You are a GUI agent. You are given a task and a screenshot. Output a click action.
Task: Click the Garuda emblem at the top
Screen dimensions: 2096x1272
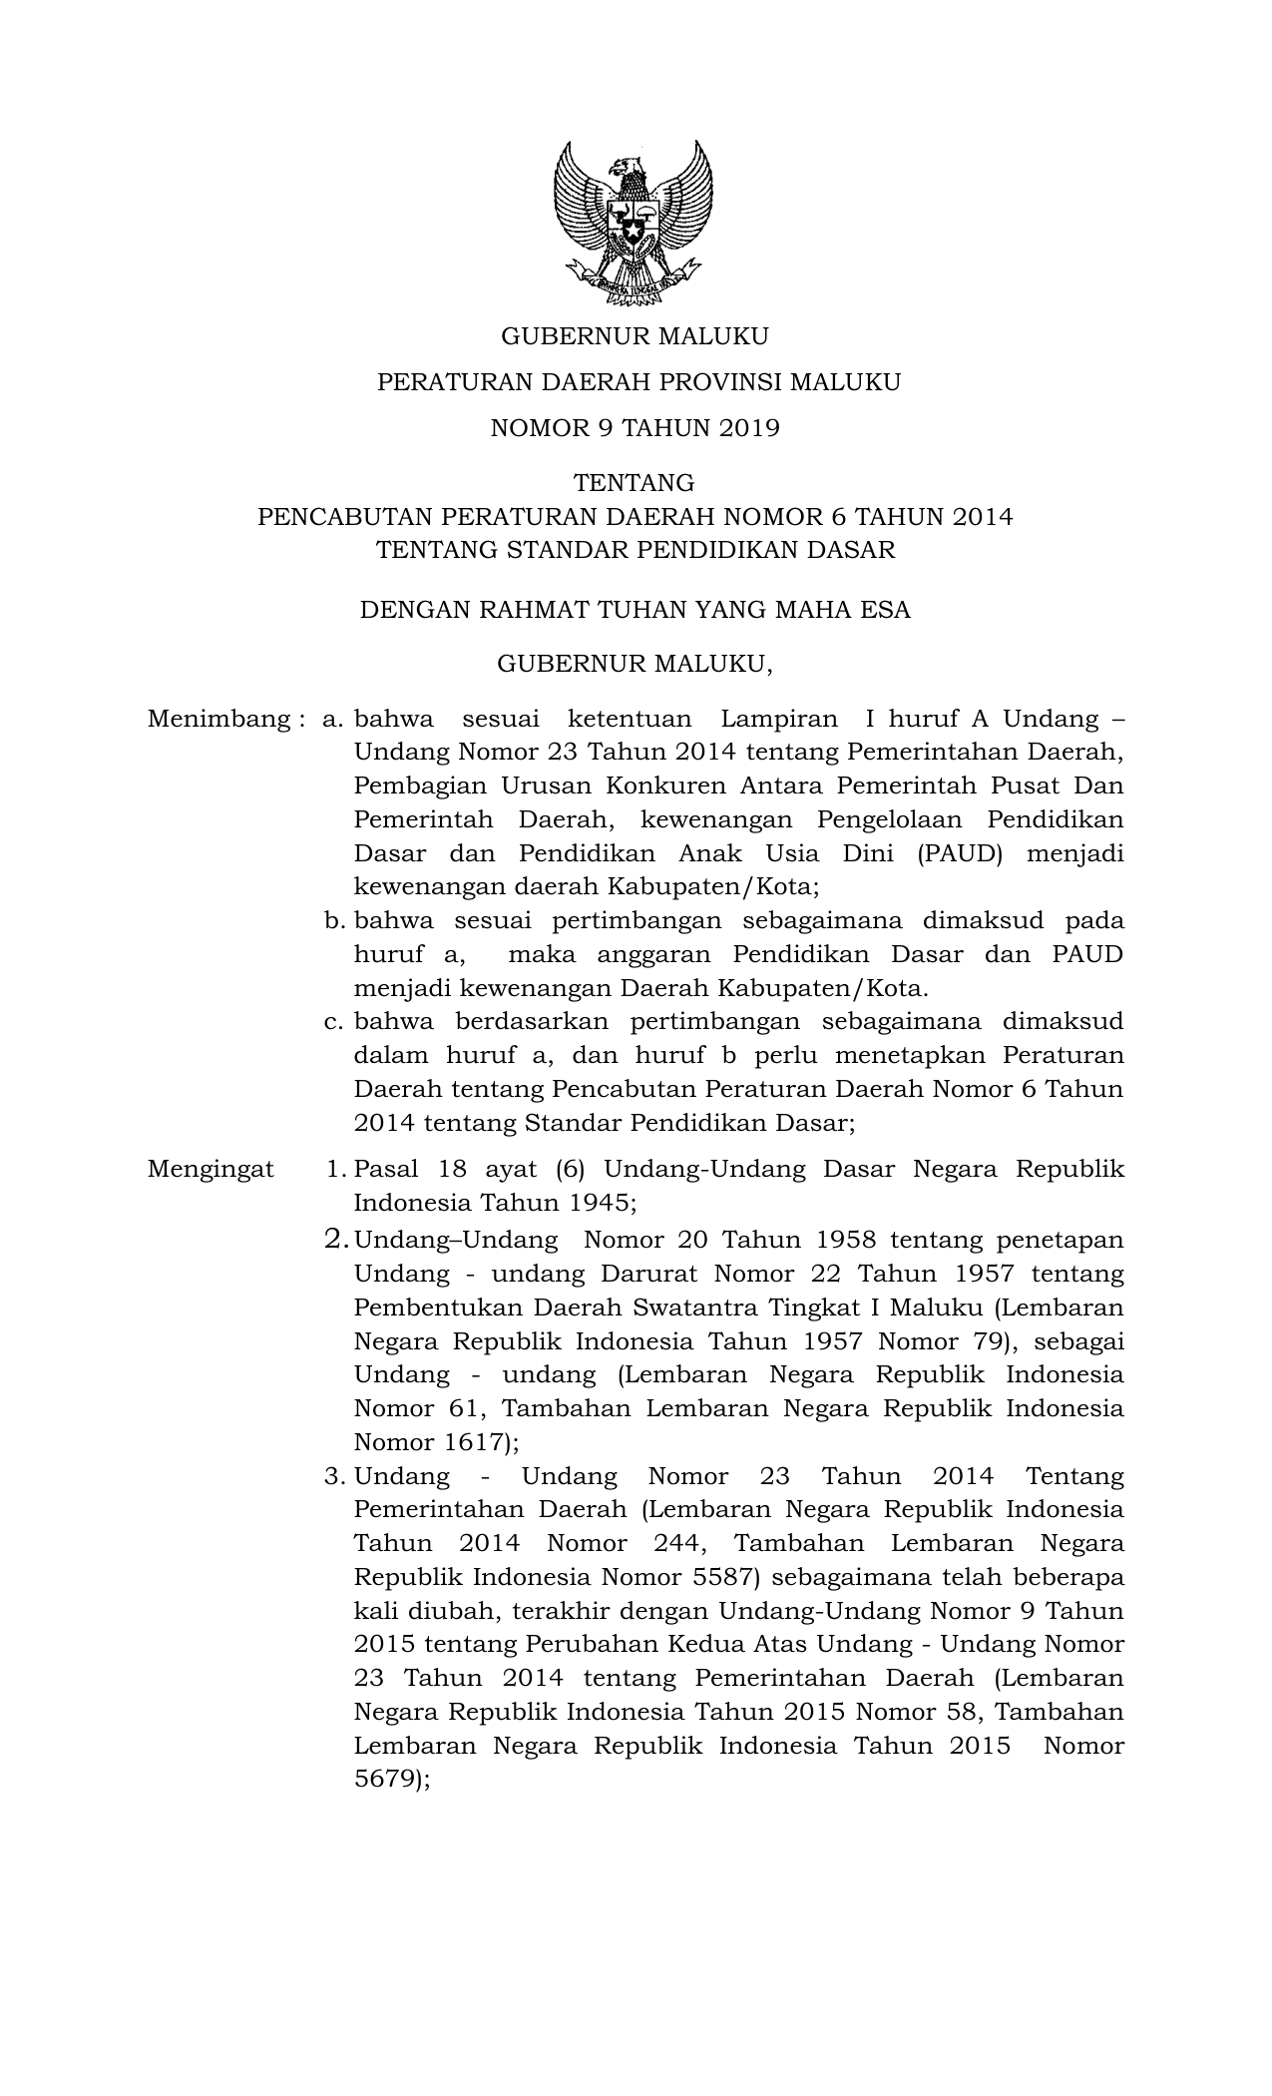(634, 223)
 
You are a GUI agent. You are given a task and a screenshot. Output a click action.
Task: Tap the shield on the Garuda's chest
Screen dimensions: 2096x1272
(634, 225)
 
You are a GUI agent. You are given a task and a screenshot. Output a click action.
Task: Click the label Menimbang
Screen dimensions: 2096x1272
(218, 719)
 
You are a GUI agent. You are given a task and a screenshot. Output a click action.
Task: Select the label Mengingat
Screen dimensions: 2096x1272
(211, 1170)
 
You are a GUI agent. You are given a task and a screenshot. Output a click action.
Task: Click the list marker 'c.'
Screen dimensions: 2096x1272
(334, 1022)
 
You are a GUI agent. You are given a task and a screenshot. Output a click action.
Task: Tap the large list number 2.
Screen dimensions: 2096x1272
(336, 1240)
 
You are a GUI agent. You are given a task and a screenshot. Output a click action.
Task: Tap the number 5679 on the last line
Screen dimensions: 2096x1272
(387, 1780)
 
